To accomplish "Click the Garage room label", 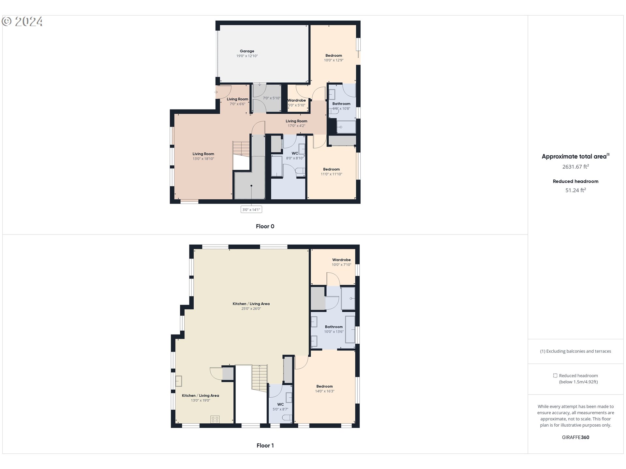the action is point(247,51).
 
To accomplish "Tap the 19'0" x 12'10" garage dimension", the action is point(247,56).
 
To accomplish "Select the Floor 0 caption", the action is point(265,226).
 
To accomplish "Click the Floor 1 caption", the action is point(265,446).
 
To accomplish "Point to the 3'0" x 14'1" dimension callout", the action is point(251,209).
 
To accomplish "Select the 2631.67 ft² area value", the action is point(575,167).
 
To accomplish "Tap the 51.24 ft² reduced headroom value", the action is point(575,190).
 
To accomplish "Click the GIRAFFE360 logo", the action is point(575,437).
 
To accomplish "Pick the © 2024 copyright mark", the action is point(22,21).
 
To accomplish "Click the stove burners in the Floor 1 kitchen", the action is point(215,419).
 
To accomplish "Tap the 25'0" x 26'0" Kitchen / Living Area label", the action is point(251,306).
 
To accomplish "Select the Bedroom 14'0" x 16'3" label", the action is point(325,389).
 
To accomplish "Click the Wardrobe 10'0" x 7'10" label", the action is point(341,262).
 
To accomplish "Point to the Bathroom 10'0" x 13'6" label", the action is point(334,329).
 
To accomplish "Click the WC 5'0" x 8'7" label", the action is point(280,407).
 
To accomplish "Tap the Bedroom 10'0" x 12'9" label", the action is point(334,58).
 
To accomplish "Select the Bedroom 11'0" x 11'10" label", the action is point(331,172).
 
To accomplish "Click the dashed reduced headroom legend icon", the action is point(555,376).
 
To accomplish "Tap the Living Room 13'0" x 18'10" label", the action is point(203,156).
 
